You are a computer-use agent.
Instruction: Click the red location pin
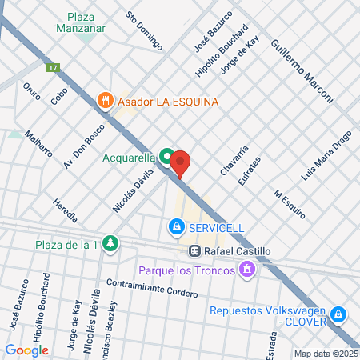pos(180,162)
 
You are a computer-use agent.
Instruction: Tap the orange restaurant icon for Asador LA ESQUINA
pos(104,102)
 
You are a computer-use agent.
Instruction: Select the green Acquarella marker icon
pos(166,157)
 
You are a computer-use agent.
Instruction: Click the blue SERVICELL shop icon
pos(176,228)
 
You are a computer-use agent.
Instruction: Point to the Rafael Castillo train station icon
pos(194,250)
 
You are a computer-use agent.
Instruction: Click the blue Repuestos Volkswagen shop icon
pos(339,314)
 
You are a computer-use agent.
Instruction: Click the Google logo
pos(26,349)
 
